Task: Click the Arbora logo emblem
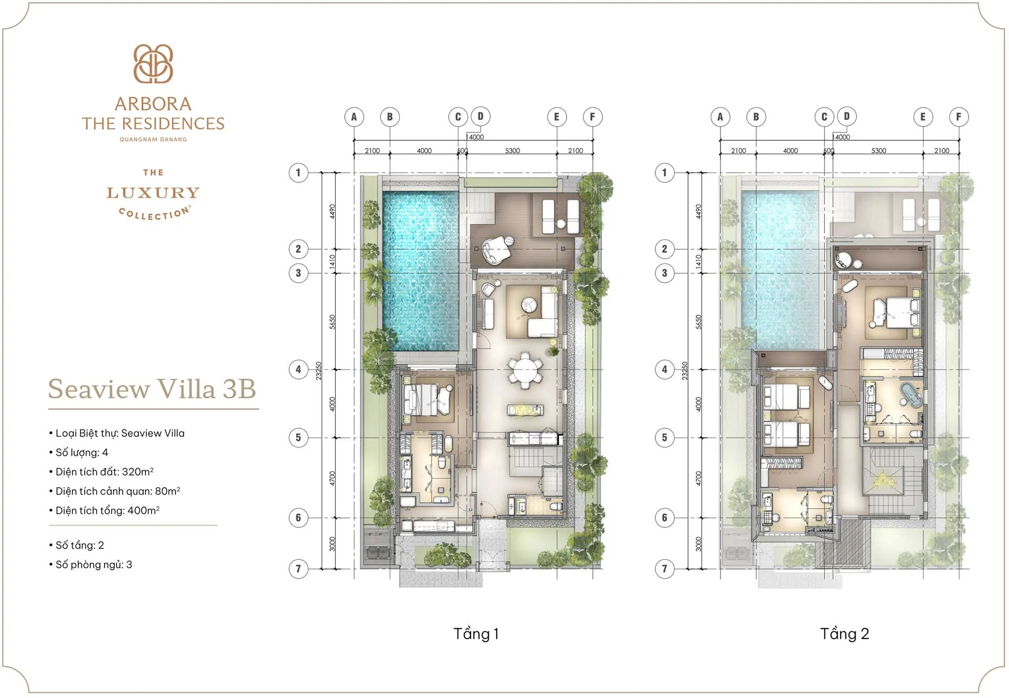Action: [x=153, y=64]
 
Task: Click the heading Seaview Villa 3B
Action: [x=152, y=389]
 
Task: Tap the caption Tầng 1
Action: [x=476, y=634]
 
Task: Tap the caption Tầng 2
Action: [x=845, y=634]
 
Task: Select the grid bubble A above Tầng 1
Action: [x=354, y=117]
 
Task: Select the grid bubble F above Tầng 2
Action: [x=959, y=117]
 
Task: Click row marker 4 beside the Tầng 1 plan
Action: [x=298, y=369]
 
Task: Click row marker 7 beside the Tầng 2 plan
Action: [x=665, y=568]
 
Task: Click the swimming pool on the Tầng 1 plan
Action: [x=420, y=271]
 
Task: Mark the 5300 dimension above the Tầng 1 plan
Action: [x=512, y=151]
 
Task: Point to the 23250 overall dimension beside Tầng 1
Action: [x=318, y=371]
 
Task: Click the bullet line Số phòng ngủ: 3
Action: [x=94, y=564]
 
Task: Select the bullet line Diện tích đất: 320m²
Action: [x=104, y=472]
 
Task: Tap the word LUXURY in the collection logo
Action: [x=153, y=193]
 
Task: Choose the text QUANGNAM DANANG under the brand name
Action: [x=153, y=139]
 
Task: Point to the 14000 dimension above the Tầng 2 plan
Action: [x=842, y=137]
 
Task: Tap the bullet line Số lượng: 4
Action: [x=81, y=453]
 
